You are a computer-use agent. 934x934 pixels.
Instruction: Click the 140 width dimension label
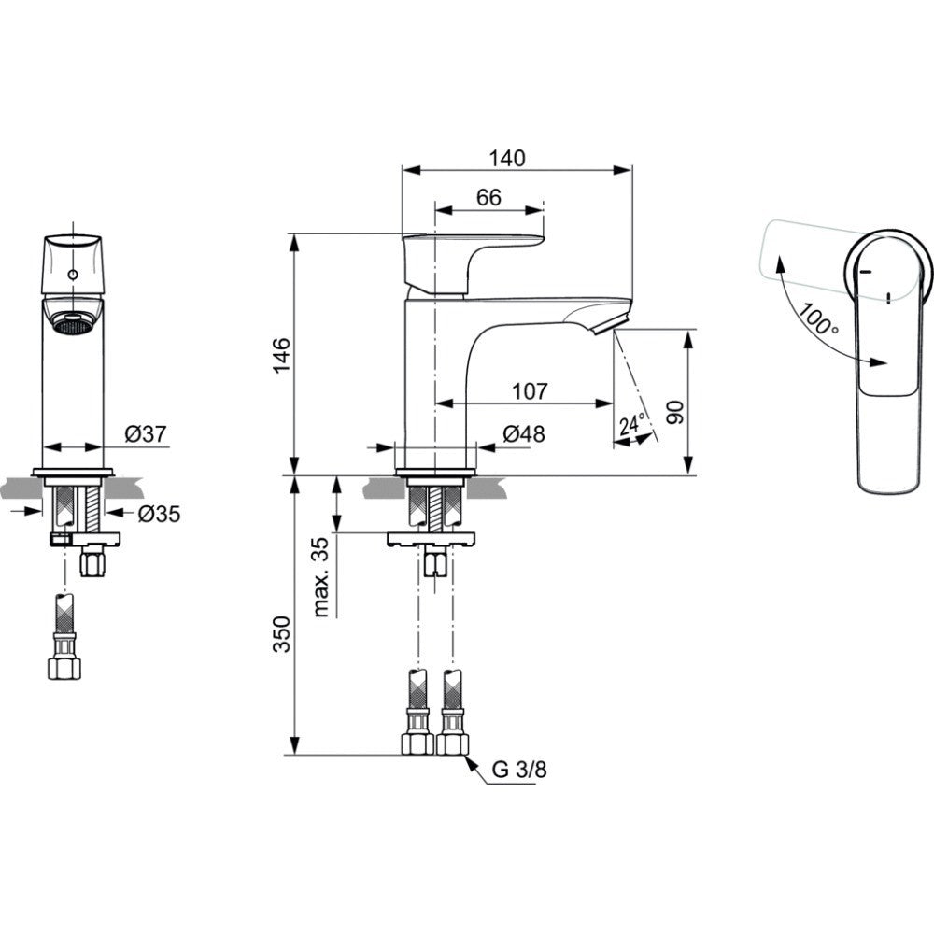coord(507,159)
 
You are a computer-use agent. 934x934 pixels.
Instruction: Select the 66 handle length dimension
coord(489,197)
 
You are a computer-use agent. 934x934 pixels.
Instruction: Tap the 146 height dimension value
coord(281,356)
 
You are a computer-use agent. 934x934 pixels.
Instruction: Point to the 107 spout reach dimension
coord(530,391)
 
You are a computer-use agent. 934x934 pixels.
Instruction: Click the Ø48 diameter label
coord(524,434)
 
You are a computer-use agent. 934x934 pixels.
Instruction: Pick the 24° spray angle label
coord(632,425)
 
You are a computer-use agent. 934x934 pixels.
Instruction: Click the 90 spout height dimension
coord(675,413)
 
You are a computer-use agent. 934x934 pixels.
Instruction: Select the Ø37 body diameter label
coord(146,434)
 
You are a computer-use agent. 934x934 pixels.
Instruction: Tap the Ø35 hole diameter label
coord(159,514)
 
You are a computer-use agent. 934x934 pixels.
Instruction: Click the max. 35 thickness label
coord(320,576)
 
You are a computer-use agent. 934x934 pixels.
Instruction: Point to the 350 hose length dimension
coord(281,634)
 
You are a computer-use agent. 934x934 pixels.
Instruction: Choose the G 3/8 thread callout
coord(518,770)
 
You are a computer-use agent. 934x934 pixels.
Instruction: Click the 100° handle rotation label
coord(818,319)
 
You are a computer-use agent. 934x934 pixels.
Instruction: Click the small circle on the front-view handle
coord(73,275)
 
